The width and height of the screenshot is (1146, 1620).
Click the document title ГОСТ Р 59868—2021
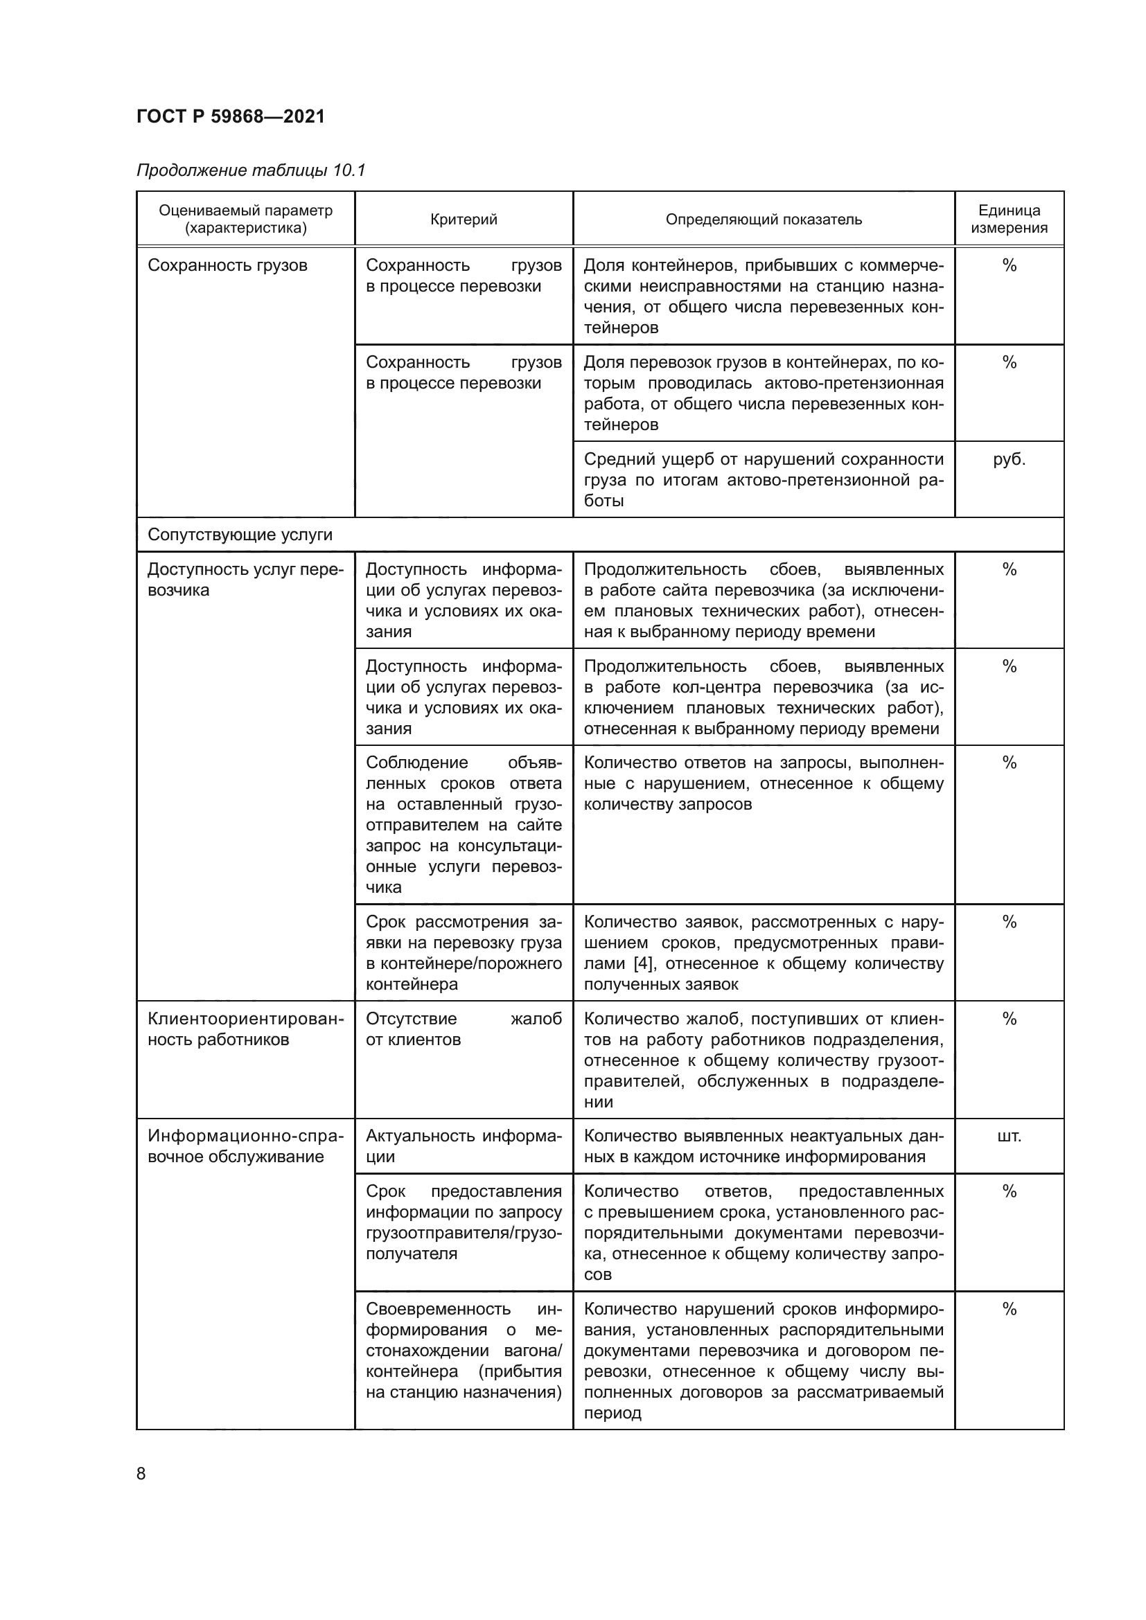[231, 116]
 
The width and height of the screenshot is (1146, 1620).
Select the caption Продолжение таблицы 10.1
[251, 170]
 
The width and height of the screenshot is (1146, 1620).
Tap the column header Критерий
[464, 220]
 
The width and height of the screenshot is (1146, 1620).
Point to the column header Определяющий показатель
[764, 220]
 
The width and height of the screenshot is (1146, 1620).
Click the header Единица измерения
[1009, 219]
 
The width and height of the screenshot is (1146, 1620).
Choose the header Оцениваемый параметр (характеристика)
[245, 219]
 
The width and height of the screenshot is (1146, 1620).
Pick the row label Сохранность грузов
[227, 265]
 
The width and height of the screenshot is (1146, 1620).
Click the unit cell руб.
[1009, 459]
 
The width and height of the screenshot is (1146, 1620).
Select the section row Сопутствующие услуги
[240, 535]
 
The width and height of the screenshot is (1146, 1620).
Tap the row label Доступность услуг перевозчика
[245, 579]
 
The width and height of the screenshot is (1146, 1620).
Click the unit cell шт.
[1009, 1135]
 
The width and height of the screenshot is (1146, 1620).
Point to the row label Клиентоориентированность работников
[245, 1029]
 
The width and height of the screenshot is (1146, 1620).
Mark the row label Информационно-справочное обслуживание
[245, 1146]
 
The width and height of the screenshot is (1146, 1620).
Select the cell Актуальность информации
[464, 1146]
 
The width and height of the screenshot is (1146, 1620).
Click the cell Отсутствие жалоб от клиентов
[464, 1029]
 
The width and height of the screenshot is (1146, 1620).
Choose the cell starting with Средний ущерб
[764, 480]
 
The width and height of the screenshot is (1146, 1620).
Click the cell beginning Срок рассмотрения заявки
[464, 952]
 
